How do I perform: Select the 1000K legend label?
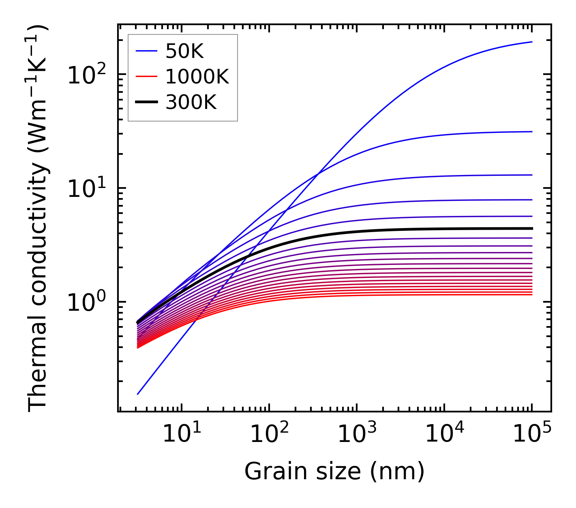pyautogui.click(x=197, y=77)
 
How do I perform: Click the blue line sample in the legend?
pyautogui.click(x=146, y=51)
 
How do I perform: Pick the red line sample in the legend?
pyautogui.click(x=146, y=77)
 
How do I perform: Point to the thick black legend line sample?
pyautogui.click(x=146, y=102)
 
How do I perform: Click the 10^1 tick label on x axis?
pyautogui.click(x=181, y=434)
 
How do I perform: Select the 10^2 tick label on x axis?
pyautogui.click(x=269, y=434)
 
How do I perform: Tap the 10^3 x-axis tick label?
pyautogui.click(x=356, y=434)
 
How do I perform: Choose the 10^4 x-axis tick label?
pyautogui.click(x=444, y=434)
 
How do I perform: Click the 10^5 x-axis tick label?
pyautogui.click(x=532, y=434)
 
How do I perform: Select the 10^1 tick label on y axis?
pyautogui.click(x=86, y=189)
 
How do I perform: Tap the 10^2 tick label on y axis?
pyautogui.click(x=86, y=75)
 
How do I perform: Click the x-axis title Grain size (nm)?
pyautogui.click(x=334, y=472)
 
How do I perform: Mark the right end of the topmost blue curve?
pyautogui.click(x=531, y=42)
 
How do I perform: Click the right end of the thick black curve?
pyautogui.click(x=531, y=228)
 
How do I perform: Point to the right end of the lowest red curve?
pyautogui.click(x=531, y=294)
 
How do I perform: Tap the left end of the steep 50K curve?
pyautogui.click(x=138, y=394)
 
